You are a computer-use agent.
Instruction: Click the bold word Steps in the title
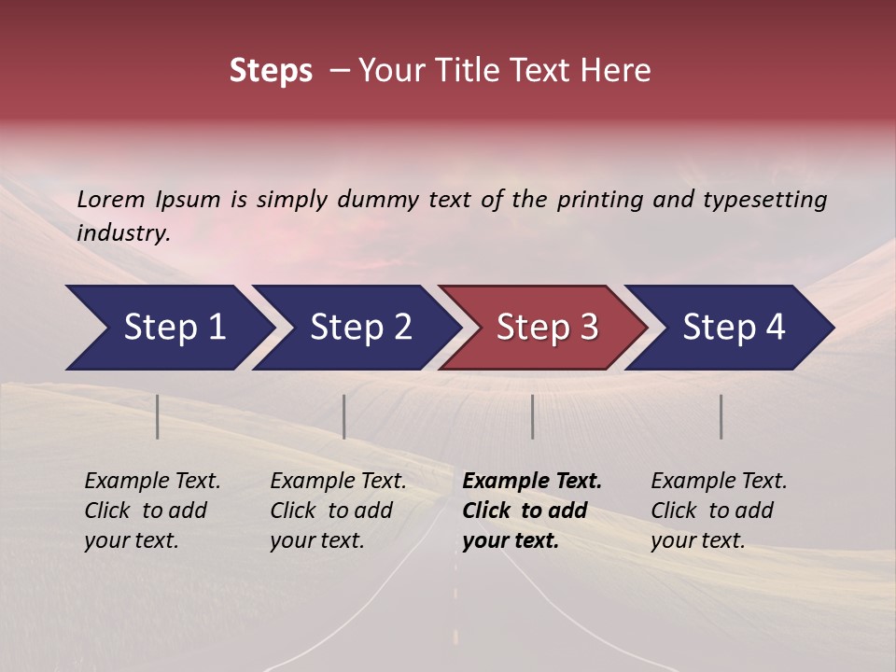pyautogui.click(x=271, y=71)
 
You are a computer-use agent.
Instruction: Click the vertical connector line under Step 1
pyautogui.click(x=158, y=416)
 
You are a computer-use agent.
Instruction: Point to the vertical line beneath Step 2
pyautogui.click(x=344, y=416)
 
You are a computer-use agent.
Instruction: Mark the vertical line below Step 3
pyautogui.click(x=532, y=416)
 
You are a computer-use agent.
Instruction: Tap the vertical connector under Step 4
pyautogui.click(x=721, y=416)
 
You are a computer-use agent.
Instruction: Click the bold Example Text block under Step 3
pyautogui.click(x=532, y=511)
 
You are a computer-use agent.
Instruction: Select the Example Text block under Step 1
pyautogui.click(x=153, y=511)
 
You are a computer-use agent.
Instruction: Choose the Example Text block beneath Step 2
pyautogui.click(x=339, y=511)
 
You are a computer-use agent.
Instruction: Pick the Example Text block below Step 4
pyautogui.click(x=719, y=511)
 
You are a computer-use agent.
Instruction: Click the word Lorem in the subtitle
pyautogui.click(x=111, y=199)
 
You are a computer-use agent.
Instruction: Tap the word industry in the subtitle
pyautogui.click(x=123, y=233)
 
